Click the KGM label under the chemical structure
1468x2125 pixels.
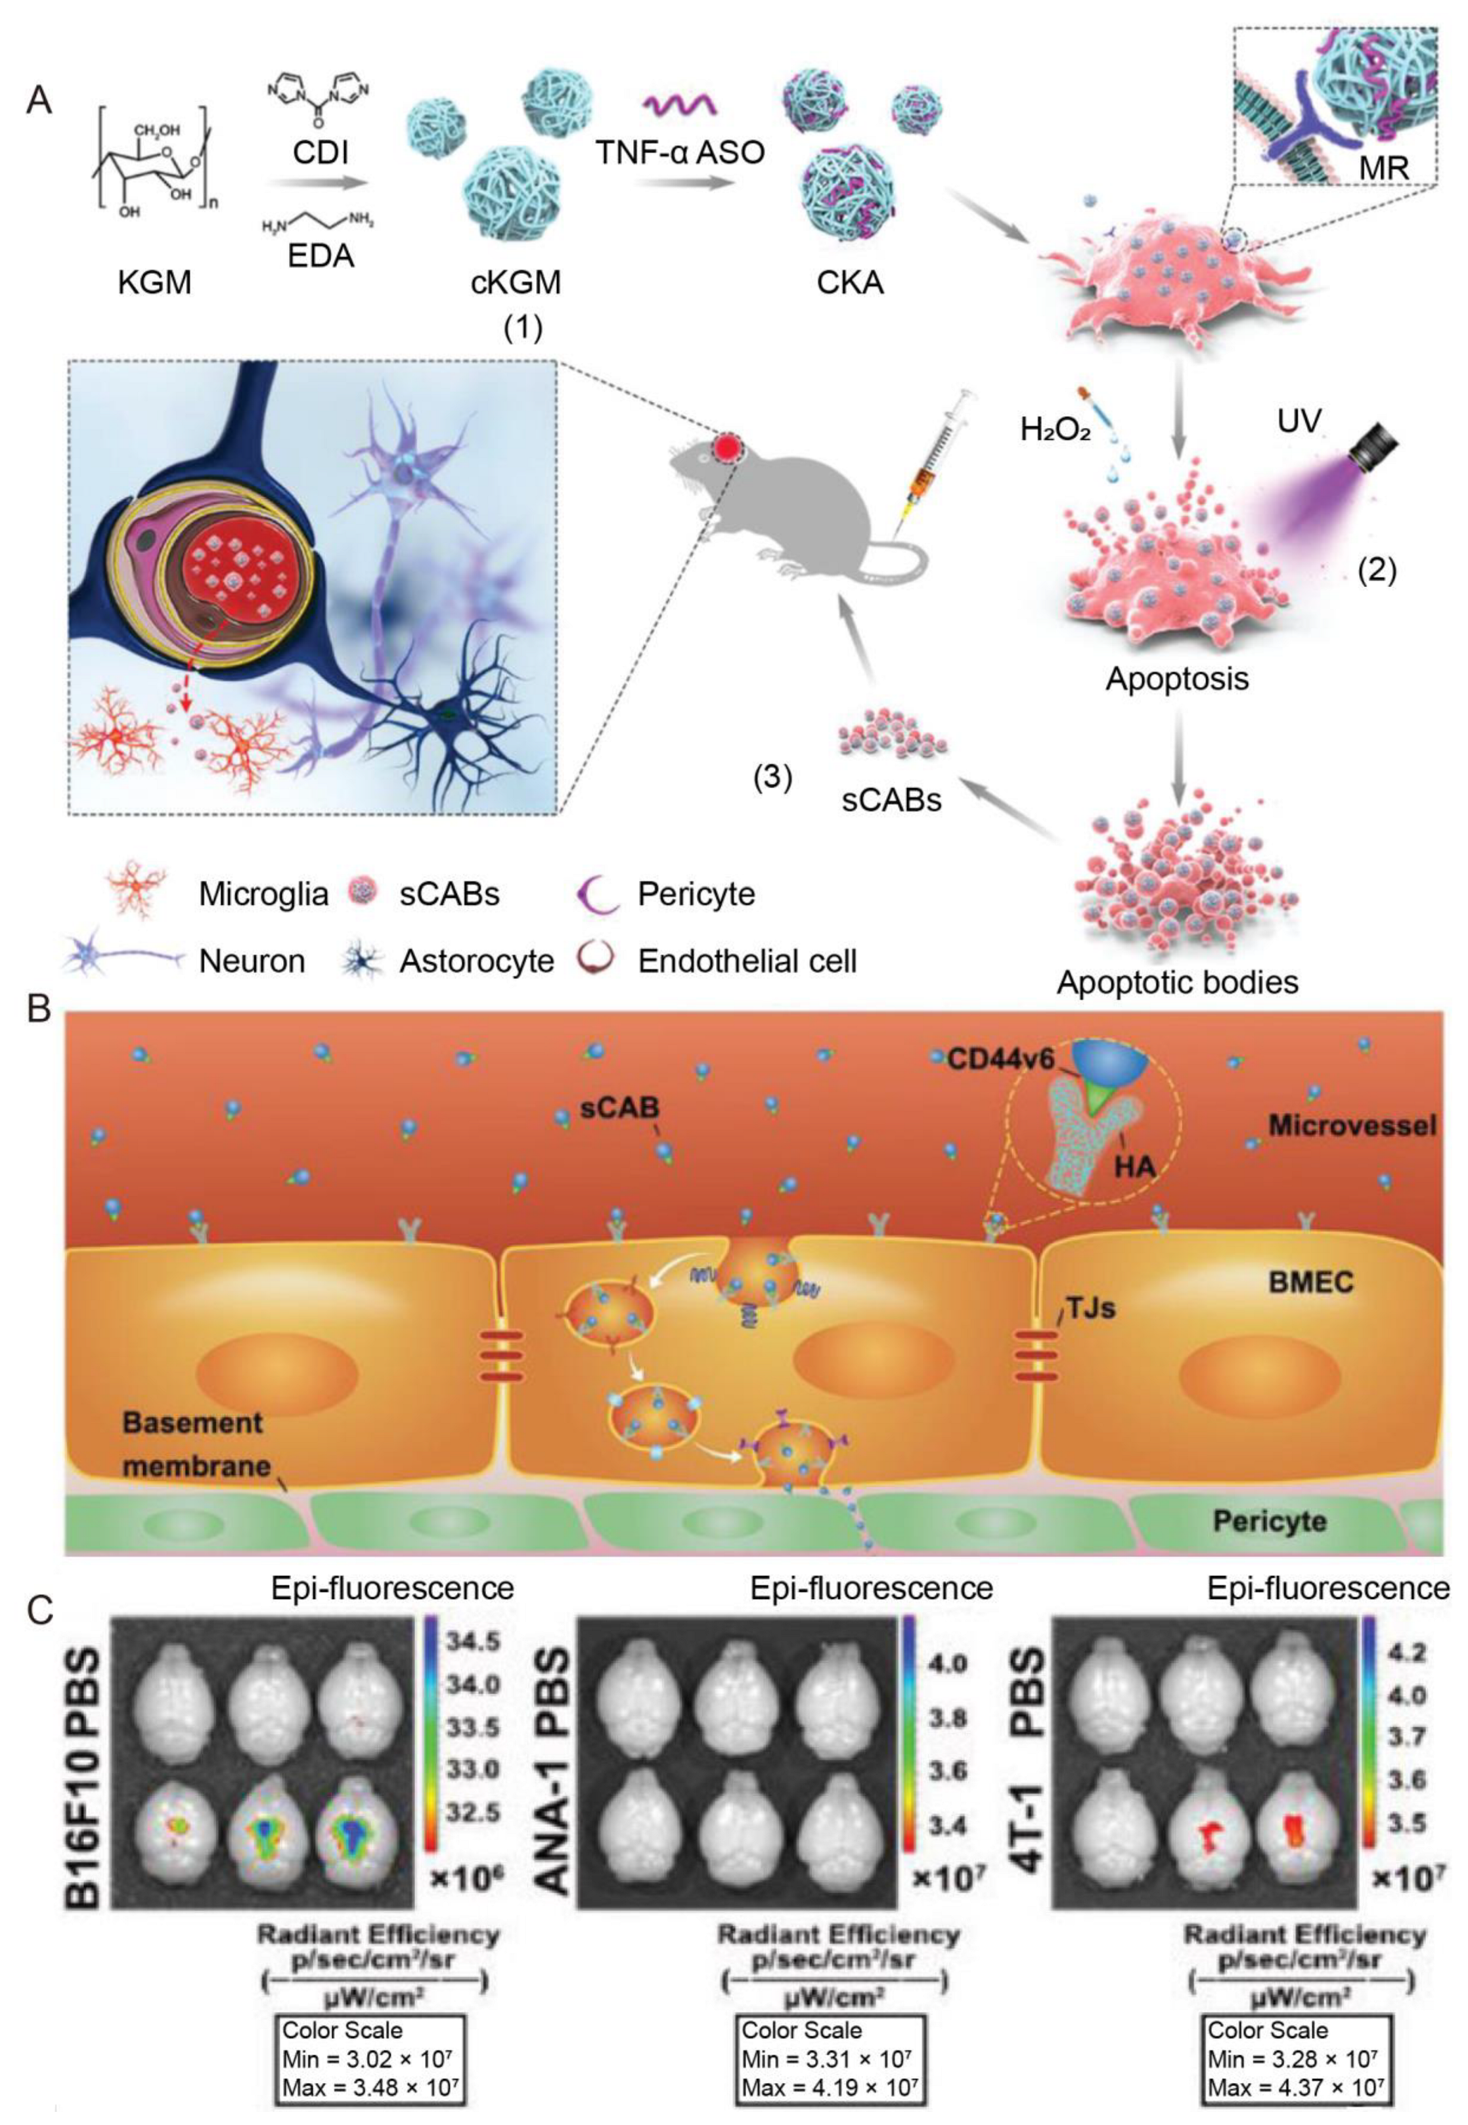pyautogui.click(x=154, y=282)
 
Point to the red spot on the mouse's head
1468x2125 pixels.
pyautogui.click(x=728, y=448)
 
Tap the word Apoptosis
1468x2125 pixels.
pyautogui.click(x=1177, y=680)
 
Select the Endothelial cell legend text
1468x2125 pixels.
pyautogui.click(x=747, y=961)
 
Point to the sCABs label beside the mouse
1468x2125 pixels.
pyautogui.click(x=891, y=799)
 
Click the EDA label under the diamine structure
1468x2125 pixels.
pyautogui.click(x=319, y=255)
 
